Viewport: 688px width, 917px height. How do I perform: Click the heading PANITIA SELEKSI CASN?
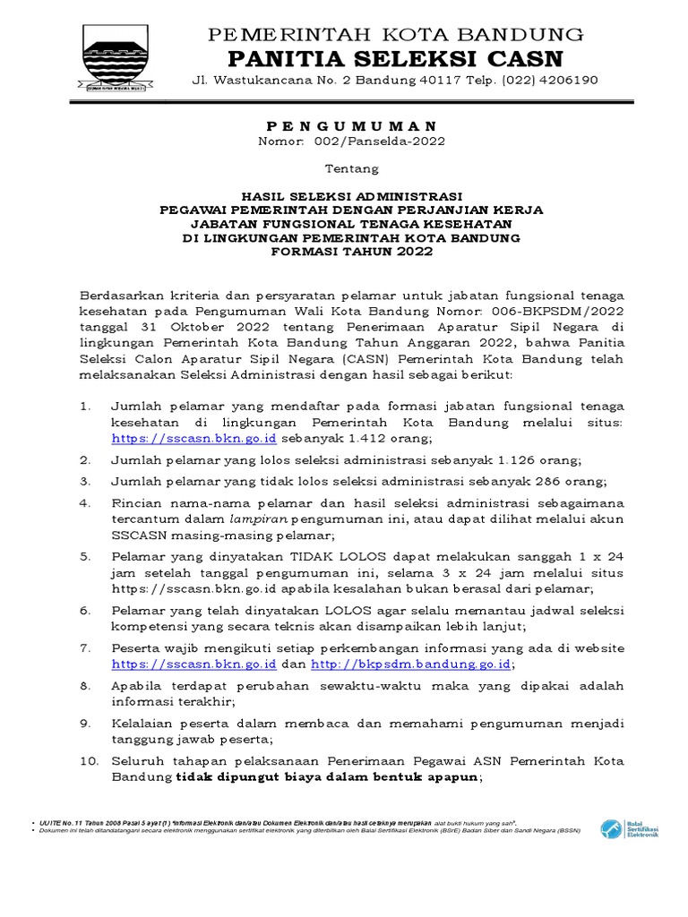[x=395, y=59]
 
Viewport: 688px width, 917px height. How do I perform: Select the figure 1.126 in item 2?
[x=512, y=460]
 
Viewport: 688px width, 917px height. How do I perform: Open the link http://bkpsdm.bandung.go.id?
[x=411, y=664]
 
